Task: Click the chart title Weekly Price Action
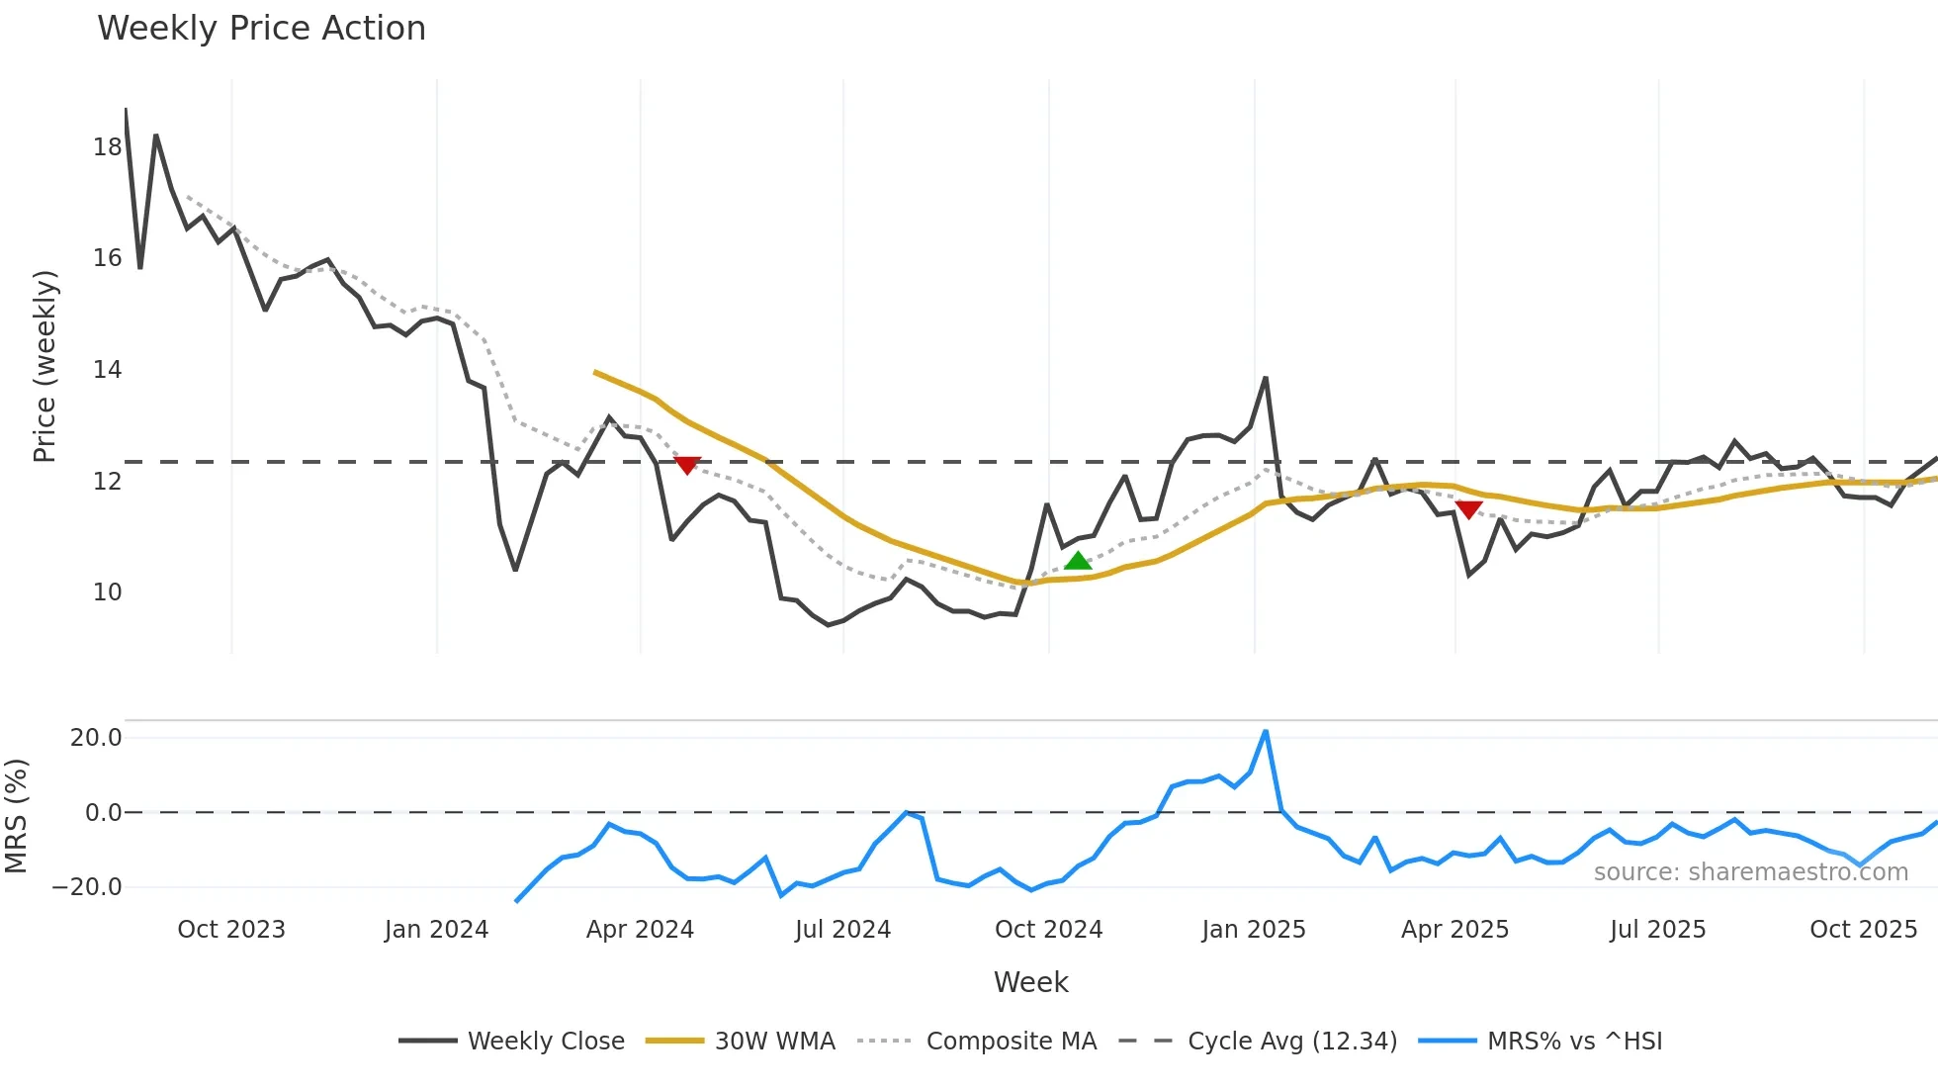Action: (x=261, y=29)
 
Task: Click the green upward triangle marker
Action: (x=1078, y=561)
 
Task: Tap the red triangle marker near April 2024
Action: (x=687, y=465)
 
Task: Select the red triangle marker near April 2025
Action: (x=1469, y=509)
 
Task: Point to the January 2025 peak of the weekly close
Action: (x=1266, y=378)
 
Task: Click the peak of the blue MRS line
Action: (x=1266, y=732)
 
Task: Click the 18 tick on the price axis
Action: (x=107, y=147)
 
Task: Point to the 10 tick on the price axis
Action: (x=107, y=592)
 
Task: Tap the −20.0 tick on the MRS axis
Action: (x=87, y=887)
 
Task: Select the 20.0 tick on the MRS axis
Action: (x=96, y=738)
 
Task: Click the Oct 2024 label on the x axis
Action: (x=1048, y=930)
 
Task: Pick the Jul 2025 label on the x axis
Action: (x=1657, y=930)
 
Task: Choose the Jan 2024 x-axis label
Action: (x=436, y=930)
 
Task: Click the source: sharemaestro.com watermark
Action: (x=1750, y=872)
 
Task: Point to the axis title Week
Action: (x=1030, y=982)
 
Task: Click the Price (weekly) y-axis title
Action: (x=44, y=366)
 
